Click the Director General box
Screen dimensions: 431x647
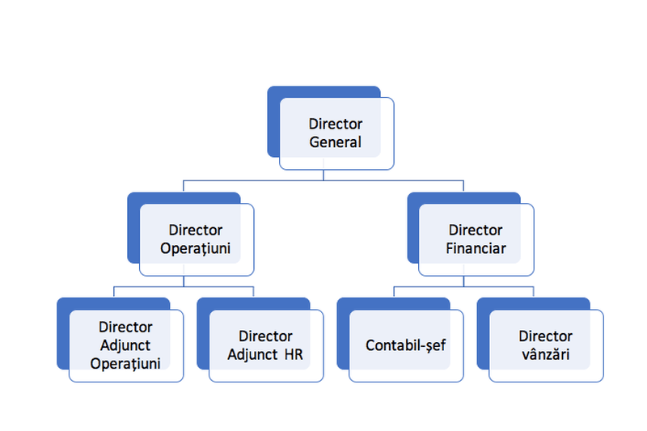[x=336, y=134]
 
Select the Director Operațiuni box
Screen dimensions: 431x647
[x=197, y=239]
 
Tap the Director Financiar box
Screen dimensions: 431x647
[x=476, y=239]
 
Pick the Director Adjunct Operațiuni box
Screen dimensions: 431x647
[x=125, y=345]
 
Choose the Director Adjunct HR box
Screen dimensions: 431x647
[x=265, y=345]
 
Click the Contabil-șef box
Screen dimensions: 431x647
[x=406, y=345]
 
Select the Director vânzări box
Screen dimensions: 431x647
[x=546, y=345]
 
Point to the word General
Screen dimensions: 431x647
[x=336, y=143]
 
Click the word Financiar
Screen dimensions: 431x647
[x=476, y=248]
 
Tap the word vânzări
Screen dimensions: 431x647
[x=545, y=354]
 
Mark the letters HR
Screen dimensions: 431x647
[x=293, y=354]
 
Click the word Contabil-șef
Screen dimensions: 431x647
[x=406, y=345]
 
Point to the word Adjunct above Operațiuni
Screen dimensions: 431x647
[x=125, y=345]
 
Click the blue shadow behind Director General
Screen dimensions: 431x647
[x=273, y=121]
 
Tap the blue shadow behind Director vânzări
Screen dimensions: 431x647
[x=482, y=340]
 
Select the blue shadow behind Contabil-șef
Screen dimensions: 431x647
[x=342, y=340]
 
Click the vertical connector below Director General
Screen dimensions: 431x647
[x=323, y=175]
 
